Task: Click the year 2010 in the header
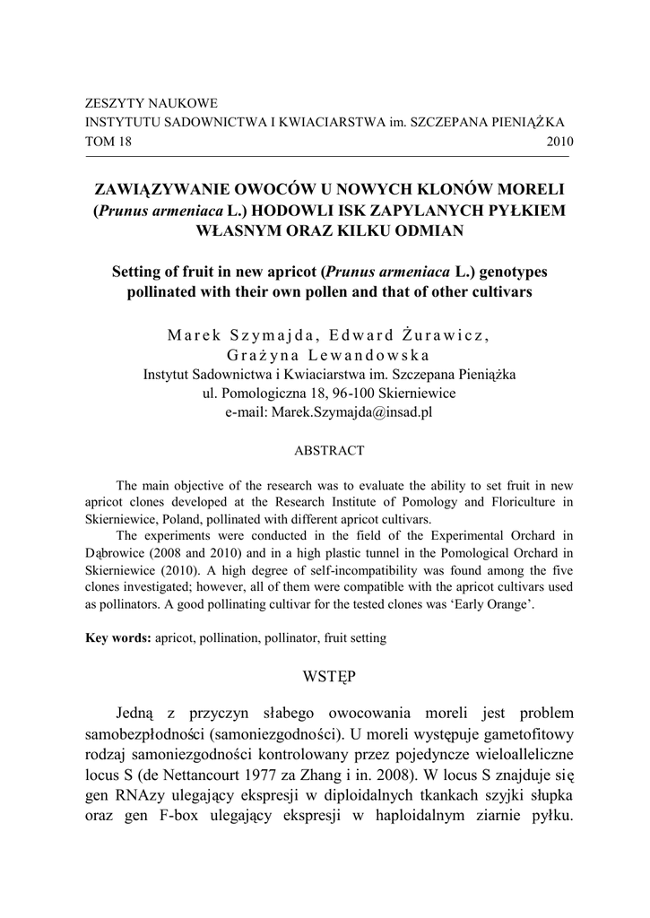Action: coord(559,142)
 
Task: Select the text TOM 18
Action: coord(108,142)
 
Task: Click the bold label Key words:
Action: coord(117,639)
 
